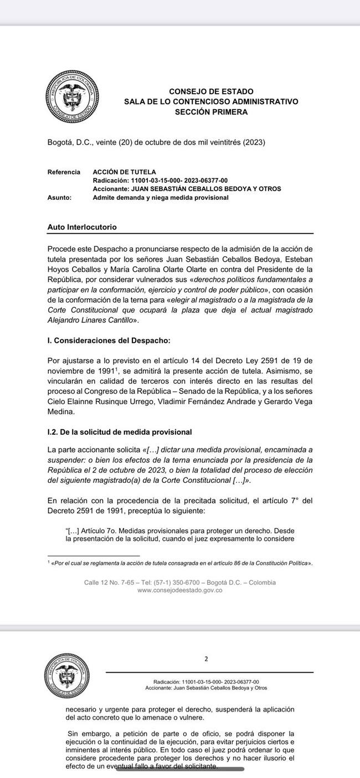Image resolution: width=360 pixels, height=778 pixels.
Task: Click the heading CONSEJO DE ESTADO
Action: coord(211,91)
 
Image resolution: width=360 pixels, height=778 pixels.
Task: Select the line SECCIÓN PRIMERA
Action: coord(211,112)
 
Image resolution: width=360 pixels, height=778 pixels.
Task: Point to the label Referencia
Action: coord(64,172)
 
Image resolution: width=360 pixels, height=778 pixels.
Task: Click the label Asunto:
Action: coord(59,197)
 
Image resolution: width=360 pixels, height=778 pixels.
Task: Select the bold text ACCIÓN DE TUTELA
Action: coord(124,172)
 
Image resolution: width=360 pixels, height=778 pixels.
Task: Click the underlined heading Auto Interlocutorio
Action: coord(82,228)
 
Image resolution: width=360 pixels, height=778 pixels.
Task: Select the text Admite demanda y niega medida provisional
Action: coord(161,197)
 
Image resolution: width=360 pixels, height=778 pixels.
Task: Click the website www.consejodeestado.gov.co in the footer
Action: coord(180,591)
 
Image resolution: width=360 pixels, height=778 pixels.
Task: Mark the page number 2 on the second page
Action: coord(206,659)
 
